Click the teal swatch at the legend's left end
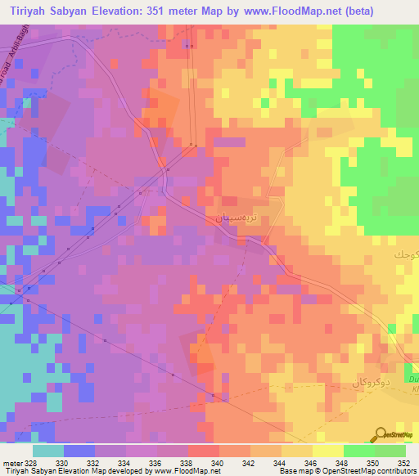point(47,451)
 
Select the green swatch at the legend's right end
point(390,451)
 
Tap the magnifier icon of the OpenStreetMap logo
point(382,433)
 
